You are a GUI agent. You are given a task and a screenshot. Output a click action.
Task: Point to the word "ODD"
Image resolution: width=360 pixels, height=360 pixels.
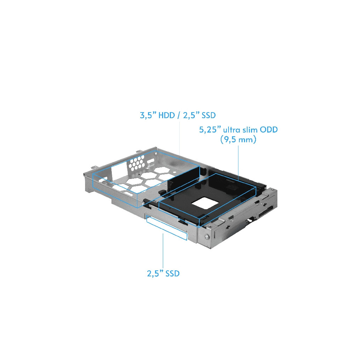tap(269, 130)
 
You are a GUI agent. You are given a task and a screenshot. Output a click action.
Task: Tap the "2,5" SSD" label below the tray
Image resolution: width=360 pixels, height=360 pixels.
tap(163, 273)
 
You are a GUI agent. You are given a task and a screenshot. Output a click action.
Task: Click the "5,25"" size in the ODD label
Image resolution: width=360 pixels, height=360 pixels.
tap(208, 130)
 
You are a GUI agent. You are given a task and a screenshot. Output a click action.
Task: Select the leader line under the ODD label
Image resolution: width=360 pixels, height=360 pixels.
tap(239, 162)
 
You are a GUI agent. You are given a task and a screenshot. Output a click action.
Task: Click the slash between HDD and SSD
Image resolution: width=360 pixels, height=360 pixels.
tap(179, 115)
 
